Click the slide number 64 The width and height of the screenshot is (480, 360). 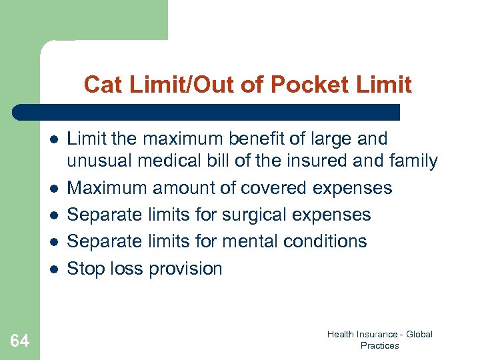19,341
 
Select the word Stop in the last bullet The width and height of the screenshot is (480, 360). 85,269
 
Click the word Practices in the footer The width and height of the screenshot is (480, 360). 379,345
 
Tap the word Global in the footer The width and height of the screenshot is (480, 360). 419,334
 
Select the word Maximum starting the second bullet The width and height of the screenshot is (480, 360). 107,188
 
